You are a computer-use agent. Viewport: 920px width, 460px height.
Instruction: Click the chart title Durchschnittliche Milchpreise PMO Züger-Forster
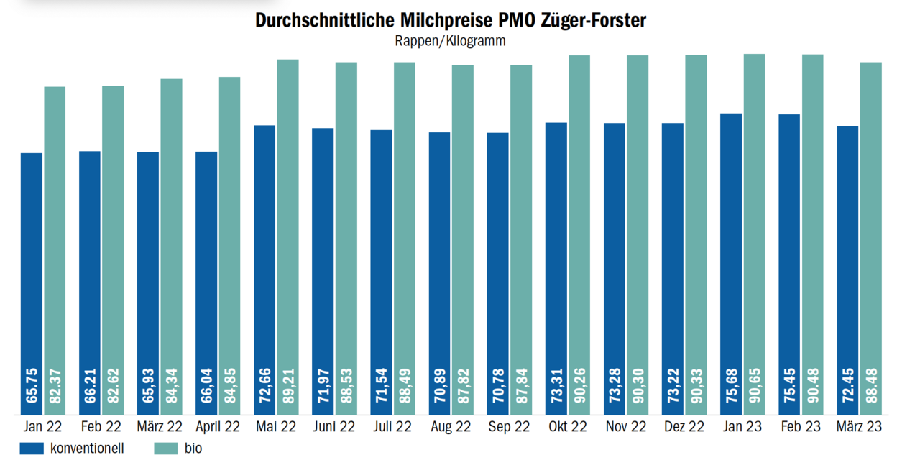pos(451,20)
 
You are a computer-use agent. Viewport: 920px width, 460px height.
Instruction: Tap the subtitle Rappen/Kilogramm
pos(450,41)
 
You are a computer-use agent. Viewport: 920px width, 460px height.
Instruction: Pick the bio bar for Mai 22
pos(288,237)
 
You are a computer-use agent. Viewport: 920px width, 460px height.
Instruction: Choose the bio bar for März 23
pos(871,237)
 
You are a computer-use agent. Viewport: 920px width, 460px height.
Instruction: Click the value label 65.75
pos(32,386)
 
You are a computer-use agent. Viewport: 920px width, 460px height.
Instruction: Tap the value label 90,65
pos(754,386)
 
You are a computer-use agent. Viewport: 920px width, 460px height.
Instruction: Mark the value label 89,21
pos(288,386)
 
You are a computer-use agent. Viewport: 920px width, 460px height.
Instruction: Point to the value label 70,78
pos(497,386)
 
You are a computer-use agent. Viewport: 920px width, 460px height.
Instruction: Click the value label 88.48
pos(871,386)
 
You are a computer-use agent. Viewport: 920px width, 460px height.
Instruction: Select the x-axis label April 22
pos(218,427)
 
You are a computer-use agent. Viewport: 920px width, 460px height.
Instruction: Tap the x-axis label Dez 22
pos(684,427)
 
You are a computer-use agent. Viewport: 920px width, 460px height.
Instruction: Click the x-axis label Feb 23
pos(800,427)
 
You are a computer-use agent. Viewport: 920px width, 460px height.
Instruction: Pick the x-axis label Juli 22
pos(392,427)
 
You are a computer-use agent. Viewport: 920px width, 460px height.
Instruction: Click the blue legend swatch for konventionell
pos(32,448)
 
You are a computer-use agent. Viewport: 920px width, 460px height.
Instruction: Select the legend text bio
pos(193,448)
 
